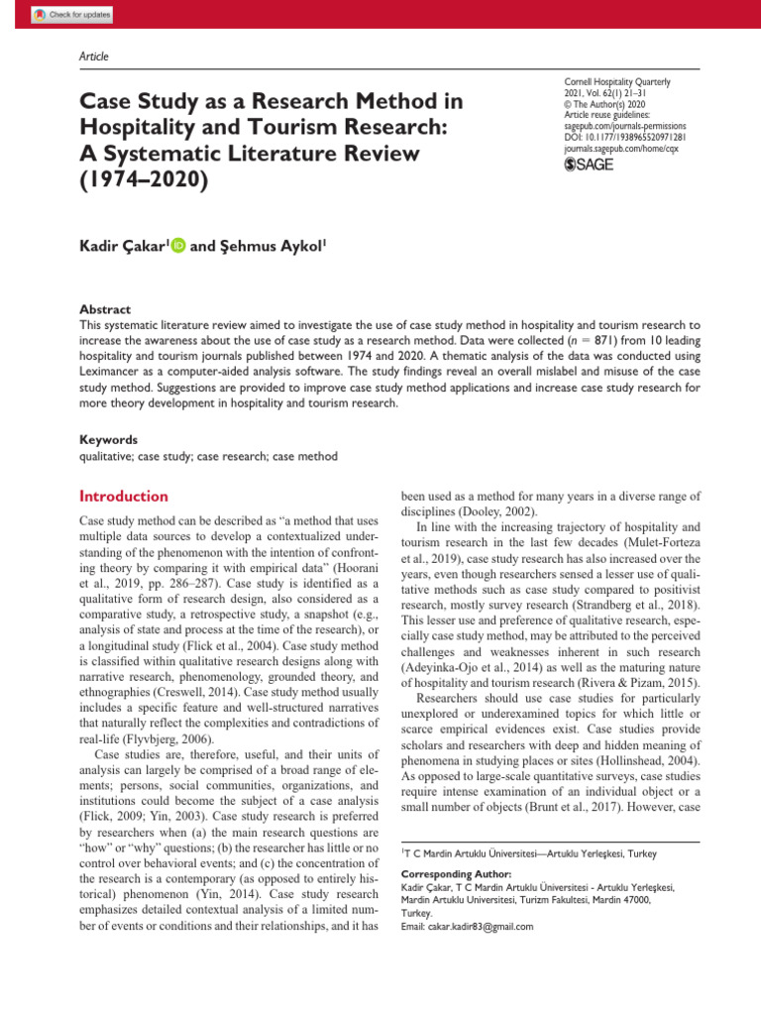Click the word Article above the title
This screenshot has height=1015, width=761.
click(93, 56)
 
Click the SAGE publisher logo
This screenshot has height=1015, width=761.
click(589, 164)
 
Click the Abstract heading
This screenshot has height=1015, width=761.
click(104, 309)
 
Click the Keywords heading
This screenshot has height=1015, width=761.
click(108, 439)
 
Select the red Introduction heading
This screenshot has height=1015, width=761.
click(123, 497)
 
